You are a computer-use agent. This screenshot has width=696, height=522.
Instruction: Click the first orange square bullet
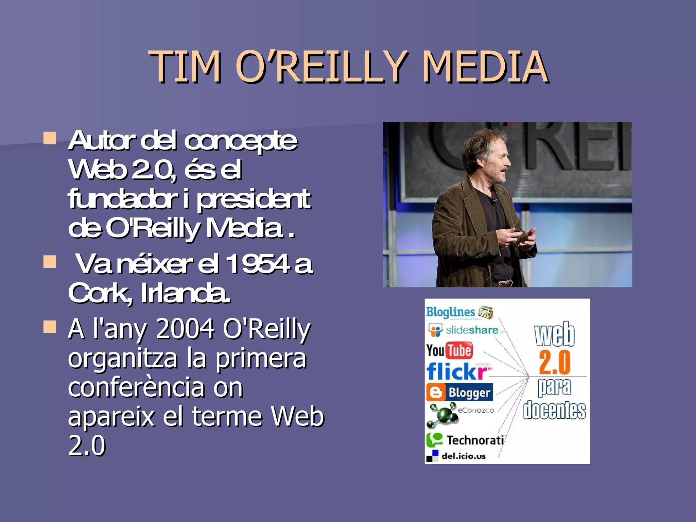tap(50, 138)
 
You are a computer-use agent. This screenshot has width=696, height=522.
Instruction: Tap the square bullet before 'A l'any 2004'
tap(50, 327)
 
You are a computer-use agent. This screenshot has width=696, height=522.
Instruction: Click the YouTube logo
tap(449, 350)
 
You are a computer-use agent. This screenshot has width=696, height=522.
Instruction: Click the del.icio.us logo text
tap(463, 456)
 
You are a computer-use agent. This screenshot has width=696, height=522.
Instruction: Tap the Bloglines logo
tap(459, 312)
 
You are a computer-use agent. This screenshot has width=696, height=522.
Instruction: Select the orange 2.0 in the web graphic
tap(554, 363)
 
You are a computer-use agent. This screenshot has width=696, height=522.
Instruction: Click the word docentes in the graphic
tap(554, 410)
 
